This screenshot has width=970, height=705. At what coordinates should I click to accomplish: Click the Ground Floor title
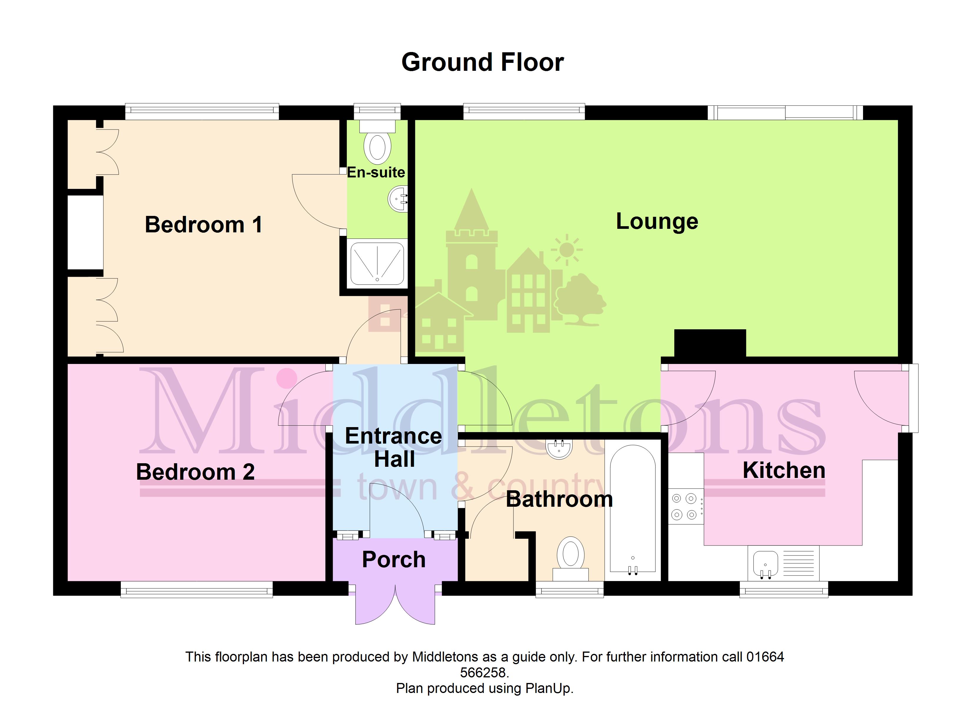click(x=482, y=62)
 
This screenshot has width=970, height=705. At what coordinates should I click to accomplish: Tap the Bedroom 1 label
click(x=204, y=225)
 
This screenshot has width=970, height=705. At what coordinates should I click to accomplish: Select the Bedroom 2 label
click(x=195, y=472)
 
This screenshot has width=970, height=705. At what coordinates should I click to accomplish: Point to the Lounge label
click(x=657, y=221)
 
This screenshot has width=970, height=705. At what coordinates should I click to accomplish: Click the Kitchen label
click(x=784, y=470)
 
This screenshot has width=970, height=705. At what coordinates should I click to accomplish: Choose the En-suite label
click(x=376, y=172)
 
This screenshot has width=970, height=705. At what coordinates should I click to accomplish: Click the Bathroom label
click(x=559, y=499)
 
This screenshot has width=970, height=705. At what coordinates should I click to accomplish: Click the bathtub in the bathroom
click(x=633, y=509)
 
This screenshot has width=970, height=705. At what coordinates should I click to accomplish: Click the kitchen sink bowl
click(x=765, y=564)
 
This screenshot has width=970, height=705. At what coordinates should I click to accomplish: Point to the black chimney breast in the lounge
click(x=710, y=343)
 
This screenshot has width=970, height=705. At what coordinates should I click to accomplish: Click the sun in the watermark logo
click(x=567, y=249)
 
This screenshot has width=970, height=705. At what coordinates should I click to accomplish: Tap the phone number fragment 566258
click(x=484, y=673)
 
